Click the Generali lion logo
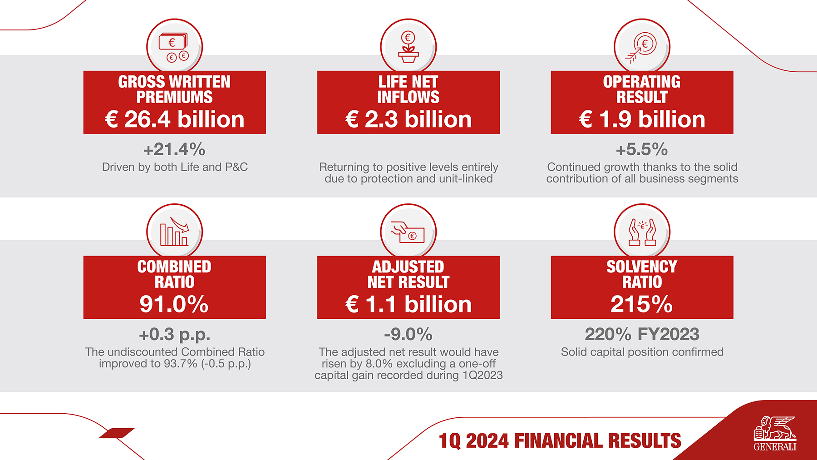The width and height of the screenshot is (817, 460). click(775, 433)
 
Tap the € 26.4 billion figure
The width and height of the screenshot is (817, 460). click(175, 119)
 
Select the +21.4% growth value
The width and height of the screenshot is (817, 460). click(175, 149)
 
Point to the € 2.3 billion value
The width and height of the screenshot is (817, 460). click(408, 119)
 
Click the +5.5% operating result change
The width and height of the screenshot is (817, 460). click(642, 149)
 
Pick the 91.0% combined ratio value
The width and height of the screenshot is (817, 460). click(174, 304)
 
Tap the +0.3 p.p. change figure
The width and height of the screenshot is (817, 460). click(175, 334)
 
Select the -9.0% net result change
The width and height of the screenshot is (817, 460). click(408, 334)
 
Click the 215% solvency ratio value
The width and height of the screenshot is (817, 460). click(642, 304)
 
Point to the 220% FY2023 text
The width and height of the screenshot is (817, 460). click(642, 334)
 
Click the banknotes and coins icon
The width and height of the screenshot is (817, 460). click(174, 47)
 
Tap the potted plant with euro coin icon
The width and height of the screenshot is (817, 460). click(408, 47)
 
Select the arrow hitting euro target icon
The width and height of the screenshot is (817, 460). click(642, 47)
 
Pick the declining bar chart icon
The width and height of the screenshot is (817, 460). click(174, 232)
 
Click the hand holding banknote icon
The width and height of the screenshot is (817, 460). click(408, 232)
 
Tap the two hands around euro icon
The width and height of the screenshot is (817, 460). click(642, 232)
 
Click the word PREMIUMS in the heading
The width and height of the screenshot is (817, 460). click(175, 97)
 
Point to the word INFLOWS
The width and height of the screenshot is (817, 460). click(408, 97)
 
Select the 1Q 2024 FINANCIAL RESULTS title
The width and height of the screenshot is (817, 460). click(560, 440)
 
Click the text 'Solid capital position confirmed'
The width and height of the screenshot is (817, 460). click(642, 352)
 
